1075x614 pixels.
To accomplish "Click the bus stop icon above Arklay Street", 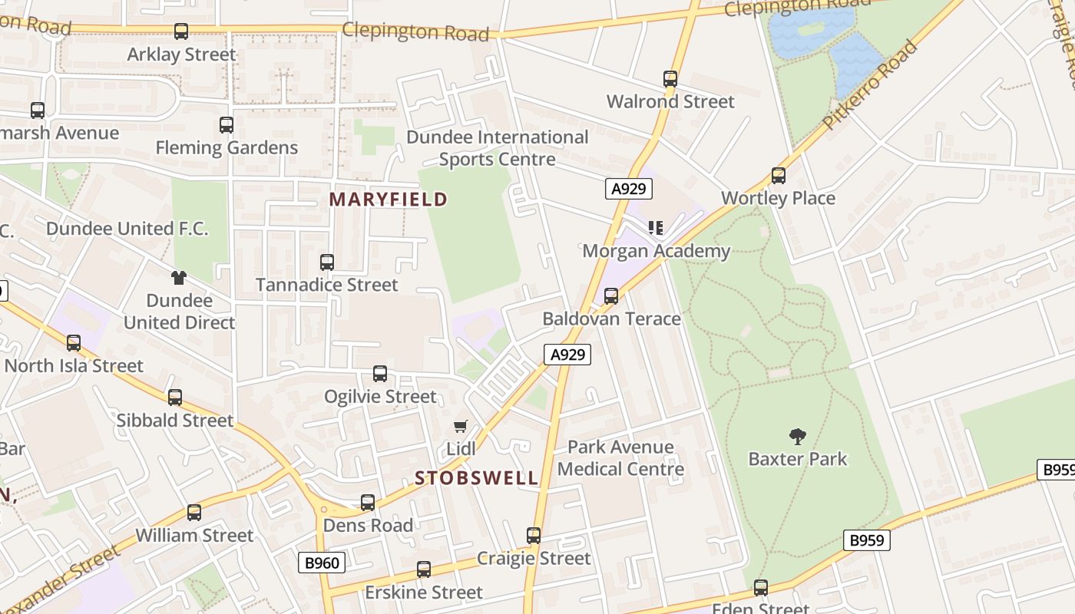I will [181, 31].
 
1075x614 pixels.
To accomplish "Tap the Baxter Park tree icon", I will [798, 437].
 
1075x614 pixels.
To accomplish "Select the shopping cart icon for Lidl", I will [461, 426].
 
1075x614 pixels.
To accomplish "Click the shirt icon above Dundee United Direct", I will [179, 278].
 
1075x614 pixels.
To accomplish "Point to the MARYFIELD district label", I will [388, 200].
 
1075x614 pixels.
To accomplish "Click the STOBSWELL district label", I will [477, 478].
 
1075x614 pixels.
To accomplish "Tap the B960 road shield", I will [322, 563].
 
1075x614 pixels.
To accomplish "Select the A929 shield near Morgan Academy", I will [629, 189].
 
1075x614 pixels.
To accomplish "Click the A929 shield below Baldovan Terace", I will [567, 354].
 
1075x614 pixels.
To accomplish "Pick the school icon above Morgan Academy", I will [656, 228].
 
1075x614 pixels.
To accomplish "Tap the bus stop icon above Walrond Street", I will [670, 79].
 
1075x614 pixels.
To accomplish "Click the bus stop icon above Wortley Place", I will [779, 176].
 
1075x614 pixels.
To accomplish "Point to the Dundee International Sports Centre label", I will [497, 148].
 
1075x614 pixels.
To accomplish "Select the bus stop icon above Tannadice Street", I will [327, 262].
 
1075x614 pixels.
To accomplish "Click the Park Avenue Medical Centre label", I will [620, 458].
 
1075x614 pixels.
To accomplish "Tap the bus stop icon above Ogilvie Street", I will [380, 374].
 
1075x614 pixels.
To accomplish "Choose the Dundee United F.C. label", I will [127, 229].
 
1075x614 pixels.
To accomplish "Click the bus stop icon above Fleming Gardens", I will [227, 125].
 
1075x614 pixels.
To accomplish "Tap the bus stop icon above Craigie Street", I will [534, 536].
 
